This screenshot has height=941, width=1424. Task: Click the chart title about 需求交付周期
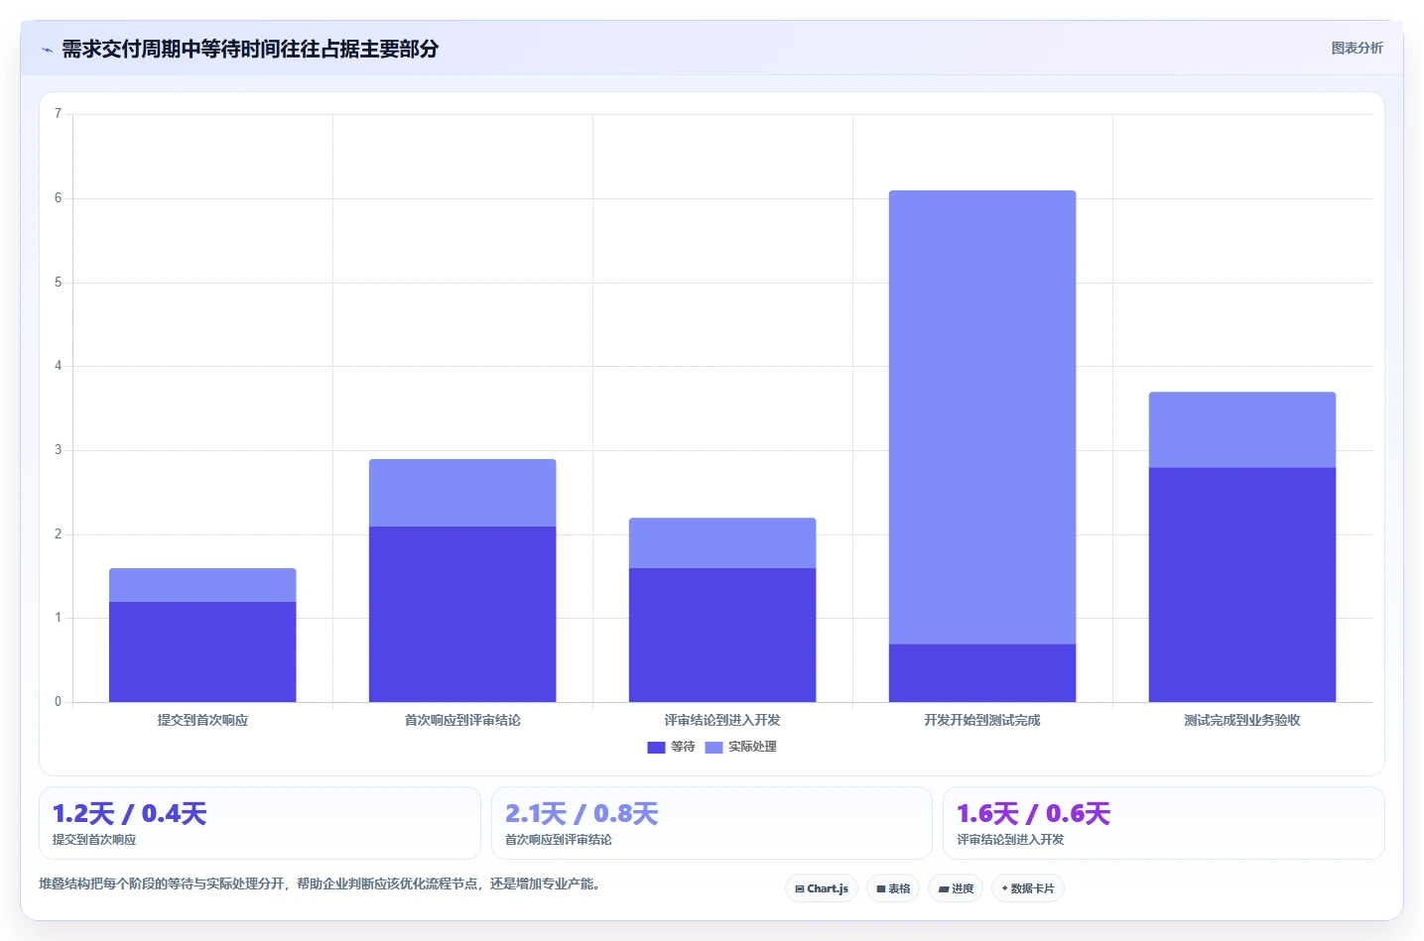click(250, 49)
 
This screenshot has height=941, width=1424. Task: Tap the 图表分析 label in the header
click(1357, 49)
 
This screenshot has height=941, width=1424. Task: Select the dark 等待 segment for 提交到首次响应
click(202, 651)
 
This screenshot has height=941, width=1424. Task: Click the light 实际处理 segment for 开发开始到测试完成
click(982, 417)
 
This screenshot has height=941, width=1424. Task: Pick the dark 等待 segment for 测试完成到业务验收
click(1242, 585)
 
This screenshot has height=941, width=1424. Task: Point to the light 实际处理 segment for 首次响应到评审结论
click(462, 493)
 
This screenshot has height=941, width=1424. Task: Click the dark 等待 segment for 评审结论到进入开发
click(722, 635)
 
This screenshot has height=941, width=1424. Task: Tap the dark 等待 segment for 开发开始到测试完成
click(982, 673)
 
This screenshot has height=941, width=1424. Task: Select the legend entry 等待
click(671, 747)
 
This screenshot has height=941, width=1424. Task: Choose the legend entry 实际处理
click(741, 747)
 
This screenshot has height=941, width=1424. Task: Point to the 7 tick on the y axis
click(58, 114)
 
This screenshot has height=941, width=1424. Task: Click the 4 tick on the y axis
click(58, 366)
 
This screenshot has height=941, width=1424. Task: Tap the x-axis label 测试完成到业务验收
click(1242, 720)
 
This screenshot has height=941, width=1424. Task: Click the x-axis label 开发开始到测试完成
click(982, 720)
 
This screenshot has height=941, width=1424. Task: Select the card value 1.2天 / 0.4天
click(130, 813)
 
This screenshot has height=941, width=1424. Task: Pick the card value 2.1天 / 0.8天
click(582, 813)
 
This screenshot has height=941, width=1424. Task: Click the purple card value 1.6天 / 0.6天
click(1034, 813)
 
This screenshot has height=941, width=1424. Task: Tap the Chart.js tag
click(822, 888)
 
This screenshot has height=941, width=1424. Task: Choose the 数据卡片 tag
click(1028, 888)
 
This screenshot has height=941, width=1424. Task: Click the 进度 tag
click(956, 888)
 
